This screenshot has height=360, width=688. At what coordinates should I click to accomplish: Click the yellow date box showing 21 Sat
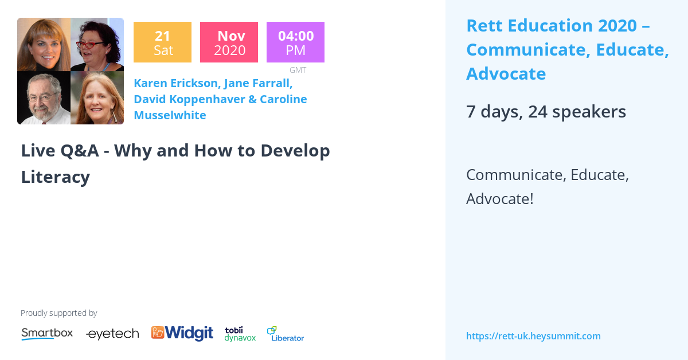coord(162,42)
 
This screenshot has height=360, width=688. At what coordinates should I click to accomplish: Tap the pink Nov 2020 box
coord(229,42)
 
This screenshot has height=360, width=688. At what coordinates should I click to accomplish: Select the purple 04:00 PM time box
coord(295,42)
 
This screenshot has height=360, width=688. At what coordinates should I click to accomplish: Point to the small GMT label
coord(298,70)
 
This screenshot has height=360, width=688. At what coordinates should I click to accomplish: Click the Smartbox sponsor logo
coord(47,334)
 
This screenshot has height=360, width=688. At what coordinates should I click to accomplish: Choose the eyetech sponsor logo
coord(112,334)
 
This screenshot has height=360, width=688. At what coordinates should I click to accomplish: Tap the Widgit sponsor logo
coord(182,333)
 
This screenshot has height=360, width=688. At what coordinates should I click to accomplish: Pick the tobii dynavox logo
coord(240,334)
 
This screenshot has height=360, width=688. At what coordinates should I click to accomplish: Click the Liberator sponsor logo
coord(286,334)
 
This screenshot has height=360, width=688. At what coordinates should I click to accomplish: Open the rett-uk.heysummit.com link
coord(533,336)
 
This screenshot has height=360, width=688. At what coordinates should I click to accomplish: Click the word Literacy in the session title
coord(56,177)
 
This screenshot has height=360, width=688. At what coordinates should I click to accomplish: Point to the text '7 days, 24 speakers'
coord(546,111)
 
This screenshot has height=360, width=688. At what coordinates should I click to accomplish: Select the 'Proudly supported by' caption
coord(58,313)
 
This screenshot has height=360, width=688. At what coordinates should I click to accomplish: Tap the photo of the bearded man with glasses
coord(44,97)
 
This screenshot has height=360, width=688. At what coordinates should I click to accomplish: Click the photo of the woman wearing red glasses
coord(97,45)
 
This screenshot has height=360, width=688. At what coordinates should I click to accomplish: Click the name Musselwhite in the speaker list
coord(170,115)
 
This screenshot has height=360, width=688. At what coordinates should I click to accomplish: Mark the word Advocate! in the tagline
coord(500,199)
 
